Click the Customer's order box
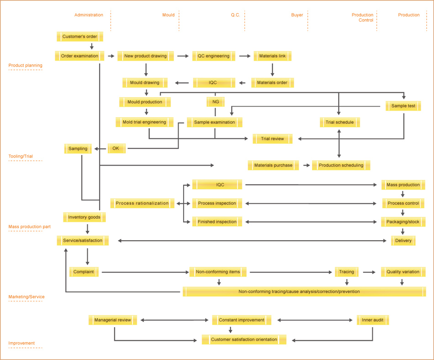click(79, 37)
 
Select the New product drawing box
click(146, 56)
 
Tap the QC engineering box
click(214, 56)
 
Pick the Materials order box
click(272, 82)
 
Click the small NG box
click(215, 102)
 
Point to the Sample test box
click(403, 106)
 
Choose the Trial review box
click(272, 138)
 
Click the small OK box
click(116, 148)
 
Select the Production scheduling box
click(341, 165)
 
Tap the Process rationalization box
click(142, 203)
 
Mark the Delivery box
click(403, 240)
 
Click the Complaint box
click(84, 272)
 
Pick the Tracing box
click(347, 272)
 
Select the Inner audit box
click(373, 320)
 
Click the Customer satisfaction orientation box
click(244, 339)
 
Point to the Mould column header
click(168, 15)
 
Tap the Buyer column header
click(297, 15)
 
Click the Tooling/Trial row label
click(21, 156)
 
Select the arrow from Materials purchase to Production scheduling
click(307, 165)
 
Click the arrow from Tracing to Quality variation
click(369, 272)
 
